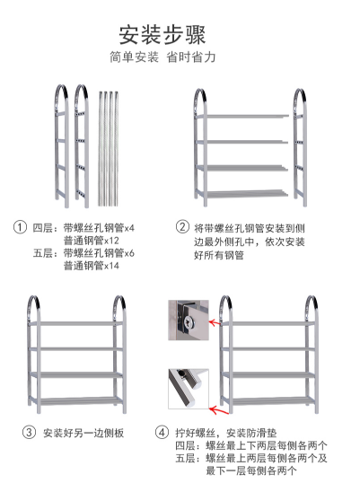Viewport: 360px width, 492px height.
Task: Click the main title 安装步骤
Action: (x=162, y=34)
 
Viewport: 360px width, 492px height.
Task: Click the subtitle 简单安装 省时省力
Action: (x=162, y=57)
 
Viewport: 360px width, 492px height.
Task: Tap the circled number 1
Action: (x=20, y=226)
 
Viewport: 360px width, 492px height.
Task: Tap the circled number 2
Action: (x=182, y=226)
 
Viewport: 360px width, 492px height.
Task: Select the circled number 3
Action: (x=29, y=433)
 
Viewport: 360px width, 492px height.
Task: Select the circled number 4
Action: (x=162, y=433)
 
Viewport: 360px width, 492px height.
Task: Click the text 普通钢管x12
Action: (x=92, y=241)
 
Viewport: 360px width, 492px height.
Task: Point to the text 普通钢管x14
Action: (x=92, y=266)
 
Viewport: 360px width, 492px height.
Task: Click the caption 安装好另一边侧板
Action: (x=83, y=433)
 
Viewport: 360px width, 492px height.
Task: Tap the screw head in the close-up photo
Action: (x=189, y=321)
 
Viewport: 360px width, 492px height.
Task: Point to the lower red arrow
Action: (x=216, y=409)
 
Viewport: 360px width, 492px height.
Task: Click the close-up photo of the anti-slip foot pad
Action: (x=189, y=389)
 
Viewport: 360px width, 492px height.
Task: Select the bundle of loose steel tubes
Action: (x=109, y=149)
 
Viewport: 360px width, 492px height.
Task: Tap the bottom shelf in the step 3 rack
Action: (x=76, y=400)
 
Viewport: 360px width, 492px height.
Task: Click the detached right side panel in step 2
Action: (x=300, y=147)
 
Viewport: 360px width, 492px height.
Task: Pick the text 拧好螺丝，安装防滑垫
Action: (x=226, y=433)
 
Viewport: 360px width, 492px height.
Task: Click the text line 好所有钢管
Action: (x=219, y=255)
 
